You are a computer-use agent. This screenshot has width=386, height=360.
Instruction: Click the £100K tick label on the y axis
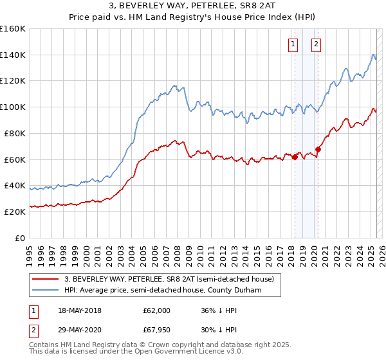13,107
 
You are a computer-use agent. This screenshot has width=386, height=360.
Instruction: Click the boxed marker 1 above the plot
293,44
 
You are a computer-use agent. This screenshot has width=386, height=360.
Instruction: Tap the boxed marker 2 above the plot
317,44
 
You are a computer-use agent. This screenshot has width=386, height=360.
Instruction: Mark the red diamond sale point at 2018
295,157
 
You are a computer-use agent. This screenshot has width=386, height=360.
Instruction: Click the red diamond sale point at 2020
318,149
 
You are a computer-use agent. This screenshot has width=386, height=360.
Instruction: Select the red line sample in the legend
45,279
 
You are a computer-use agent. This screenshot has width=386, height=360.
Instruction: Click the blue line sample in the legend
45,290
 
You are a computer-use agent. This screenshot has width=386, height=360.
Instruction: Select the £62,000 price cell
157,310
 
